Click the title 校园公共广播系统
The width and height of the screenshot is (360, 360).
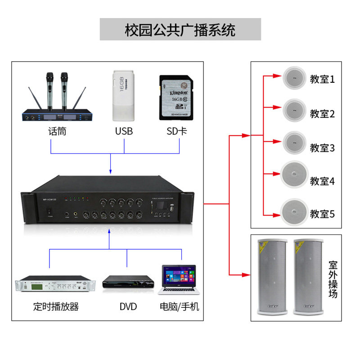(180, 30)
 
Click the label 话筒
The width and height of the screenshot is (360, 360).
(57, 131)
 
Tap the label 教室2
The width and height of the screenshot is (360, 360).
(322, 114)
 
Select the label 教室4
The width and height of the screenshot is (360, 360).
(322, 181)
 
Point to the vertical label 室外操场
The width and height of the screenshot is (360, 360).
(333, 279)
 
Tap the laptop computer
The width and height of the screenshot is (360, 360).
(179, 279)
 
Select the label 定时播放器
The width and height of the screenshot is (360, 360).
(56, 307)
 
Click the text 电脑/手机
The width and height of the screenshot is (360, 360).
(180, 307)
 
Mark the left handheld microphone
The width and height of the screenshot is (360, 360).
(49, 90)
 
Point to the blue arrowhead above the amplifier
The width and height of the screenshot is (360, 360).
(110, 171)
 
